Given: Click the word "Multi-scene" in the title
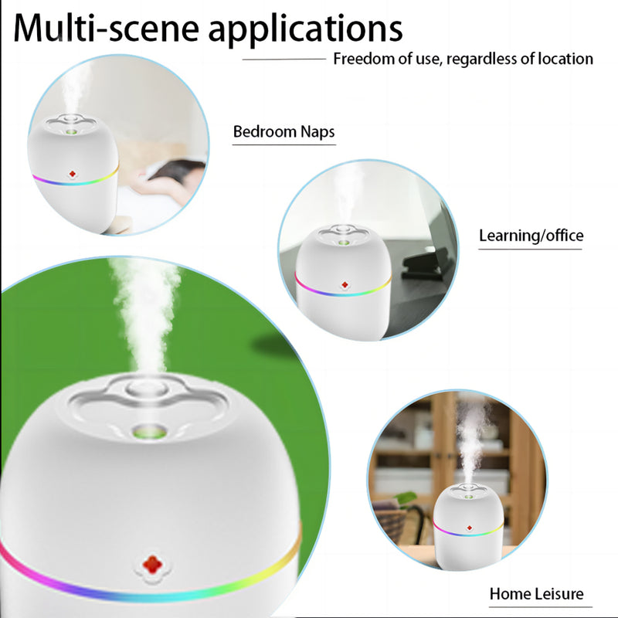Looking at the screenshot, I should coord(104,29).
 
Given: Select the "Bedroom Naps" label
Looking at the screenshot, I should coord(284,132).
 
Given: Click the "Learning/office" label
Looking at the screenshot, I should coord(531,236).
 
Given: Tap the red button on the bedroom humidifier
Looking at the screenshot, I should coord(73,174).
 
